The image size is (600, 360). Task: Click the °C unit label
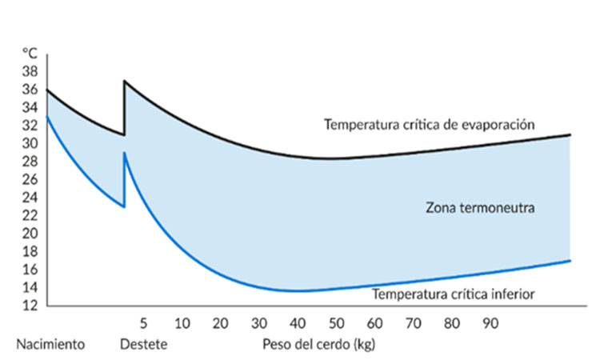point(30,53)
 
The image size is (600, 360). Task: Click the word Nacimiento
point(50,346)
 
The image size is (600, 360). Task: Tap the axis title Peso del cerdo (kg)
point(318,346)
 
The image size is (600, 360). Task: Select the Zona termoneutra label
point(479,208)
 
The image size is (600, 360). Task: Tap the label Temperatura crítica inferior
point(453,294)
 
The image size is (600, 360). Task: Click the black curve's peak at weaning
point(124,81)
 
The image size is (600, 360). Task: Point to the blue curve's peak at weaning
point(124,153)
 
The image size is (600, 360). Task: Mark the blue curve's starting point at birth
point(47,117)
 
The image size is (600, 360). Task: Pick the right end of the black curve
point(570,134)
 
